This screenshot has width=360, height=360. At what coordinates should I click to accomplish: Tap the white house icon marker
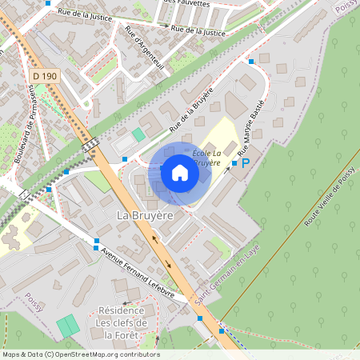tap(180, 172)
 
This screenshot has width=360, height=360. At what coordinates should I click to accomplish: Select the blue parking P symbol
tap(246, 162)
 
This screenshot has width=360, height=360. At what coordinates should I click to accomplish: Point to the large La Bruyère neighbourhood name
tap(144, 215)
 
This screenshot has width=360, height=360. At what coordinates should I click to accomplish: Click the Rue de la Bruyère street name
tap(190, 111)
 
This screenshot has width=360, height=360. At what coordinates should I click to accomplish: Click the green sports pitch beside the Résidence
tap(68, 326)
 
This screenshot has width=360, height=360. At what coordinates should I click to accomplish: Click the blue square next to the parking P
tap(234, 162)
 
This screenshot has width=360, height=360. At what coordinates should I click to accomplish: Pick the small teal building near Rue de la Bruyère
tap(139, 134)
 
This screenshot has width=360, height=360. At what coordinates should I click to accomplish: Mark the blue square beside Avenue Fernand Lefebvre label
tap(97, 241)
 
